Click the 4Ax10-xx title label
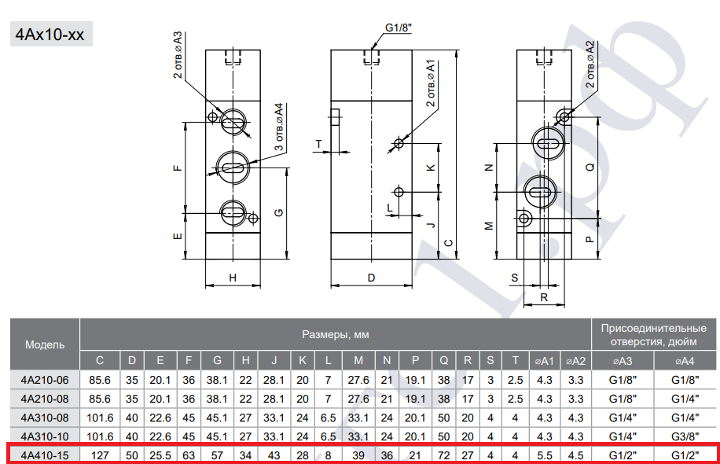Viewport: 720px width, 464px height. [x=50, y=35]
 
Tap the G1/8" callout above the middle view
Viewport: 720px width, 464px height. [x=398, y=28]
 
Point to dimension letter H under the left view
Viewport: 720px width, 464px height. [x=233, y=278]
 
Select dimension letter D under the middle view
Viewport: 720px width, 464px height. [x=372, y=278]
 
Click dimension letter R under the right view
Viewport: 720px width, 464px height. [x=544, y=298]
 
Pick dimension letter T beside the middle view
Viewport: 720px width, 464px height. [x=318, y=144]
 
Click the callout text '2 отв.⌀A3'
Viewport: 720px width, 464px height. [x=178, y=55]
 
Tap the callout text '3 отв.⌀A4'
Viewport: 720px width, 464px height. [x=279, y=127]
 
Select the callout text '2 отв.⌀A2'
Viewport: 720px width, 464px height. [x=590, y=64]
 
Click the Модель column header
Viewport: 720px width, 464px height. [x=45, y=345]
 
